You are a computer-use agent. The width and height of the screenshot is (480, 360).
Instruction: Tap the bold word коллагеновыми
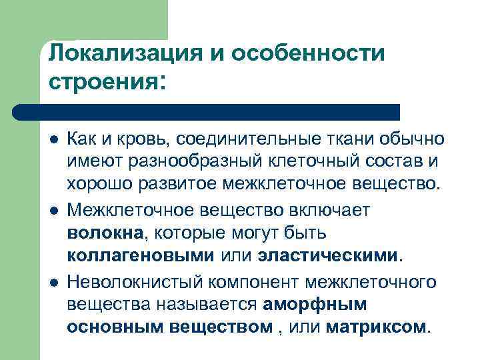point(141,255)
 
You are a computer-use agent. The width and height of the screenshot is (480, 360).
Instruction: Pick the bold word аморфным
point(315,304)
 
